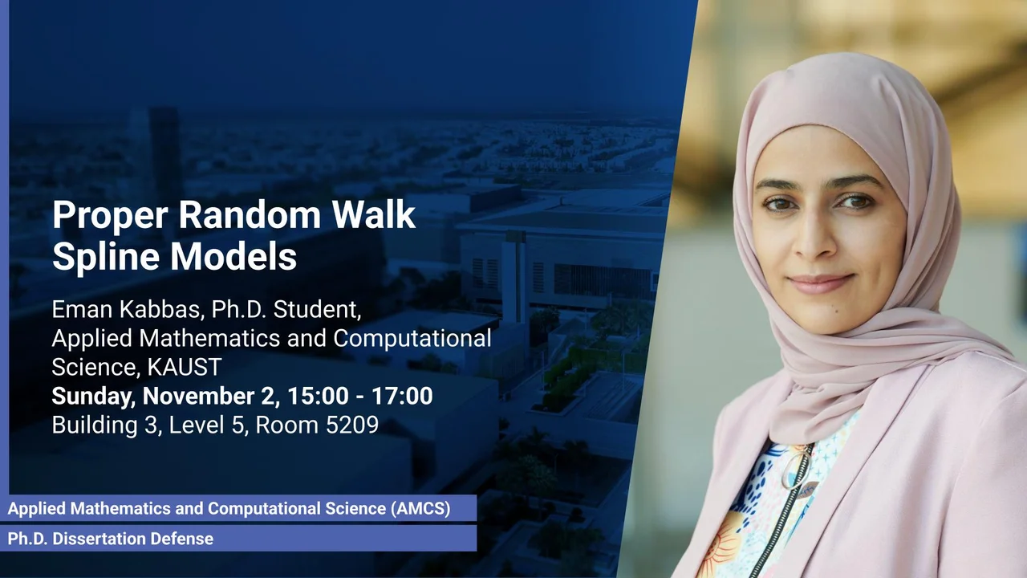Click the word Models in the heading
click(233, 256)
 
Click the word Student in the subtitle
click(317, 310)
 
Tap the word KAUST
click(185, 367)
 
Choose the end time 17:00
click(402, 396)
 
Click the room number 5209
click(352, 425)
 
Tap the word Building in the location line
click(95, 425)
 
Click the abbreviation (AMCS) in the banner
click(421, 508)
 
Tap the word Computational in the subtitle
click(412, 339)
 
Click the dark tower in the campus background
click(164, 152)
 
